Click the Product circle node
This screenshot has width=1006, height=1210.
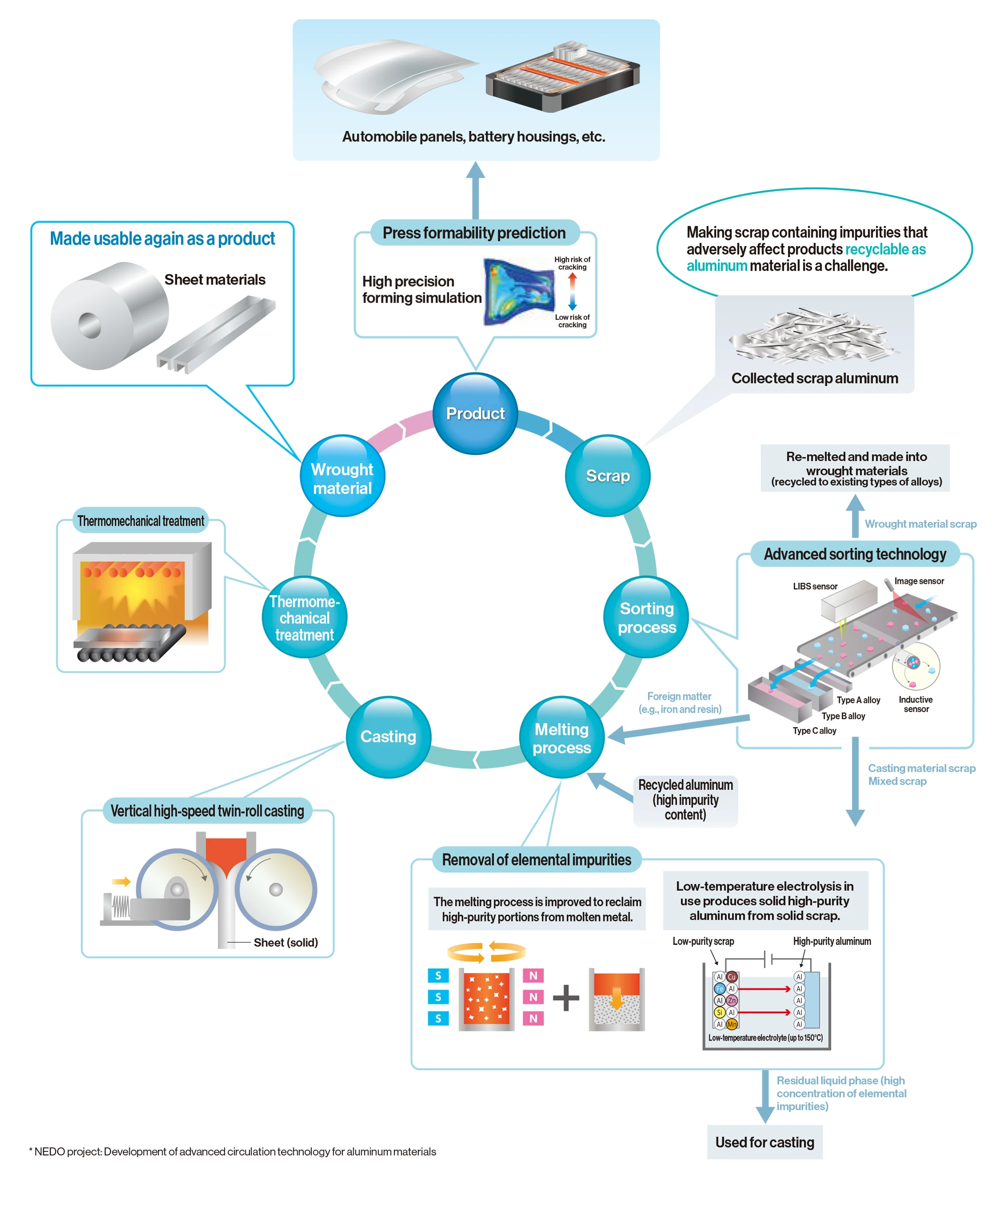(475, 414)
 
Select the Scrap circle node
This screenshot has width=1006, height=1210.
(607, 476)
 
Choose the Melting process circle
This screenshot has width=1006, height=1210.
(562, 738)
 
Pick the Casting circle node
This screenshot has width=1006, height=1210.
(388, 737)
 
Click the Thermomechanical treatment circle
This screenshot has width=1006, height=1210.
(304, 618)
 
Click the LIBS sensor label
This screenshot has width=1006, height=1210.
(815, 587)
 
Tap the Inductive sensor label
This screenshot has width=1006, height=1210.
(915, 704)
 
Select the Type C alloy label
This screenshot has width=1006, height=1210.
(814, 730)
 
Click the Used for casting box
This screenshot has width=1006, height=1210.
(765, 1142)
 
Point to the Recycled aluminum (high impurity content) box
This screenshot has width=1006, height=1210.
(685, 800)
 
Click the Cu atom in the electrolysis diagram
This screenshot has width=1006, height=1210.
(732, 977)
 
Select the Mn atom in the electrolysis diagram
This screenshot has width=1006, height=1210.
(732, 1024)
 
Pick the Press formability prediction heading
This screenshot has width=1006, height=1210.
(474, 233)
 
